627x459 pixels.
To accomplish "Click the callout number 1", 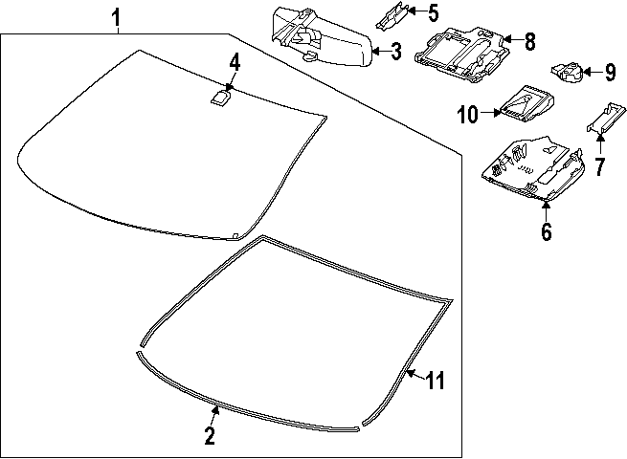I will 116,16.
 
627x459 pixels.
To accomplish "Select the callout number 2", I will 210,437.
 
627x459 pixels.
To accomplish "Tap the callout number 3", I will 396,52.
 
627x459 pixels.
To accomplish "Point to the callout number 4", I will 234,63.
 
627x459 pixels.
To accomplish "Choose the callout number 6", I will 547,231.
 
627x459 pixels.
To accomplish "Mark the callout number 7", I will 599,168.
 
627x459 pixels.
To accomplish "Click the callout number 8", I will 529,41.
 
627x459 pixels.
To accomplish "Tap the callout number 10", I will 467,115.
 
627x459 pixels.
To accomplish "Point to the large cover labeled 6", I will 532,167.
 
